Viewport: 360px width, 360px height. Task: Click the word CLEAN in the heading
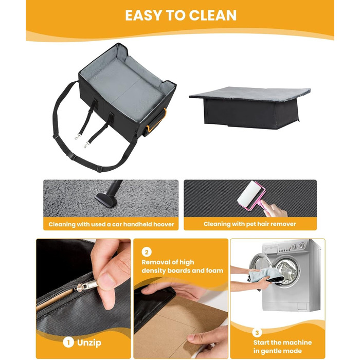tap(212, 15)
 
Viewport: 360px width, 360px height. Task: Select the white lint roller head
tap(248, 193)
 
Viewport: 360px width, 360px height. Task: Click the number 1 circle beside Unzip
tap(68, 343)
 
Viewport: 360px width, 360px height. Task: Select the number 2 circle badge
tap(147, 252)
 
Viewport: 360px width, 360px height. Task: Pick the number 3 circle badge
tap(257, 333)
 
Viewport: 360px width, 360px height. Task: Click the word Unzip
tap(89, 343)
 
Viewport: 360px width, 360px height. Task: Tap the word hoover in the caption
tap(164, 224)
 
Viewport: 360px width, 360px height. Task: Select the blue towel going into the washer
tap(266, 274)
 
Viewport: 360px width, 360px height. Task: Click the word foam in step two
tap(214, 271)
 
